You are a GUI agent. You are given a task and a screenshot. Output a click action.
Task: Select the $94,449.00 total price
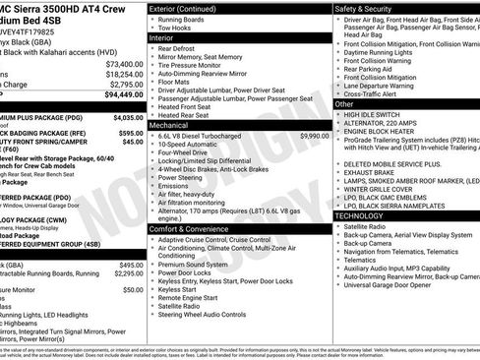123,94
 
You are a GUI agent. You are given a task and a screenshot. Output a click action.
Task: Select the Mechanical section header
170,126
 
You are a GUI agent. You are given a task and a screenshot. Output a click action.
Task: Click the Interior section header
164,36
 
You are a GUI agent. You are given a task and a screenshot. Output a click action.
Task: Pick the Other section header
344,103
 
